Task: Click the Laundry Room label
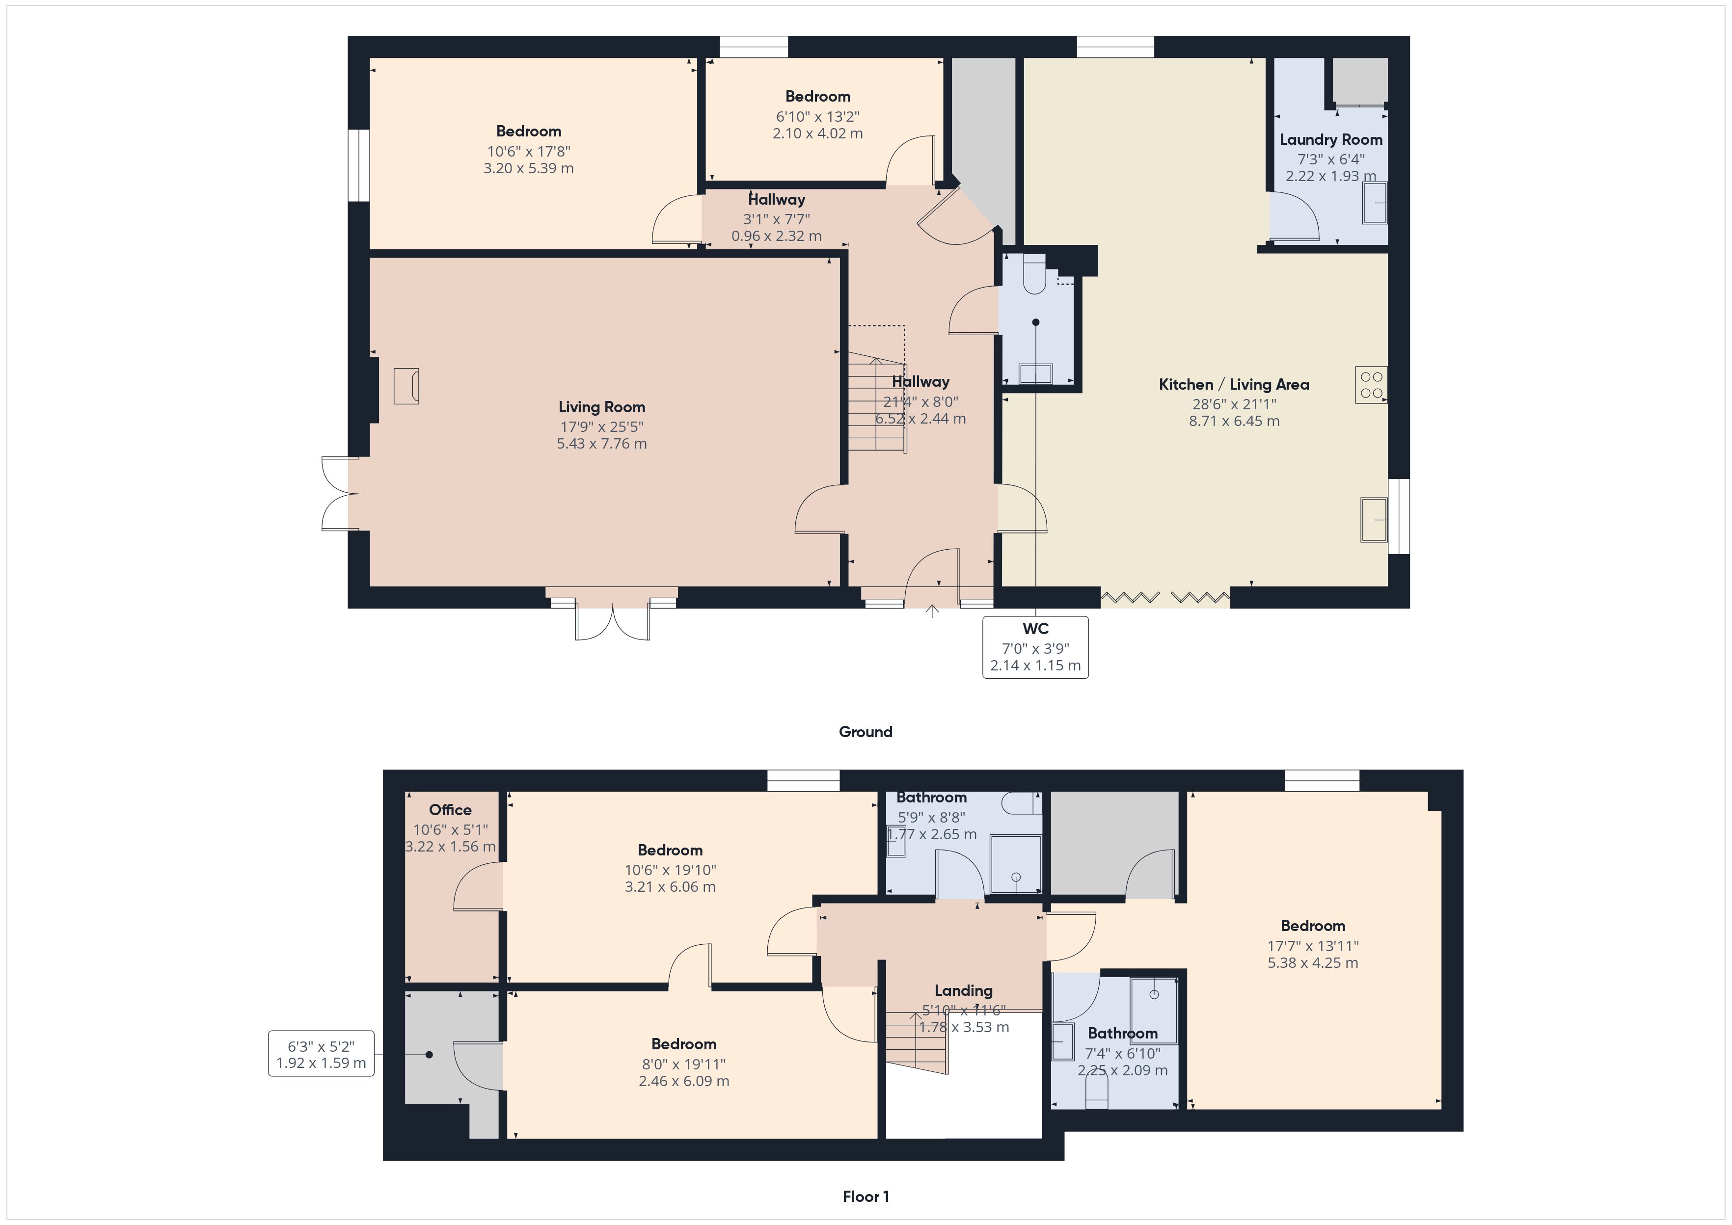click(1331, 139)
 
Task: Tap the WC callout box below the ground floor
click(1035, 647)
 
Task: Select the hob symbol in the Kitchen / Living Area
click(1371, 385)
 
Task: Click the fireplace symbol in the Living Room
click(406, 386)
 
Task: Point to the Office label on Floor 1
click(450, 810)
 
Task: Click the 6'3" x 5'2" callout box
click(322, 1054)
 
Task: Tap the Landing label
click(963, 990)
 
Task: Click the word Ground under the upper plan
click(865, 732)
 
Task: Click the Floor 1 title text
click(865, 1197)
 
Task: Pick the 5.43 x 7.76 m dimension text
click(601, 444)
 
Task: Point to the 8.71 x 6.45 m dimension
click(1234, 421)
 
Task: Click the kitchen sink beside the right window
click(1374, 520)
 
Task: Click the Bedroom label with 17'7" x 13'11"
click(1313, 926)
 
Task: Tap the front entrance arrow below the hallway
click(932, 611)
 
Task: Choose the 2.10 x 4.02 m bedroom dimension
click(818, 133)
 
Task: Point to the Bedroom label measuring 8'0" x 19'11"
click(683, 1044)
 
